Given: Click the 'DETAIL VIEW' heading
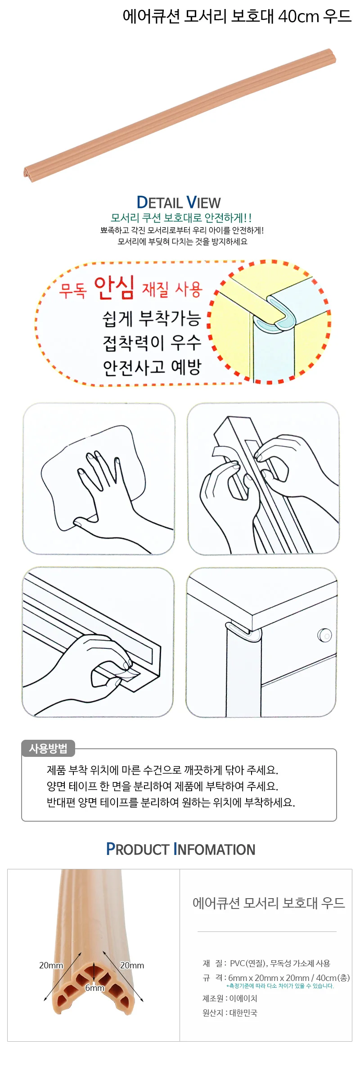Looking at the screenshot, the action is [x=179, y=202].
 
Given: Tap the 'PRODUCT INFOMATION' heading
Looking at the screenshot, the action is [x=180, y=849].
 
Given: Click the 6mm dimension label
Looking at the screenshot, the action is [x=94, y=988].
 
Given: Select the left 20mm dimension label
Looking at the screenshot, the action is [x=51, y=965].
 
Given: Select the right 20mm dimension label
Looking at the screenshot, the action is [x=132, y=965].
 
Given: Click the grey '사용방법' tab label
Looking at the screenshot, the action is [x=48, y=748].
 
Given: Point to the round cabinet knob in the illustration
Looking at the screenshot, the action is [x=324, y=635].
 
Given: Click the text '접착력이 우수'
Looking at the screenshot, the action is [x=152, y=343].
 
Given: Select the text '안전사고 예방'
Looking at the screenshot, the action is [x=152, y=367].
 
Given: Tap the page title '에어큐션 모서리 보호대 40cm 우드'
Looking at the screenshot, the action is [x=237, y=16].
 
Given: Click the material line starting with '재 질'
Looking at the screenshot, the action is [x=266, y=963].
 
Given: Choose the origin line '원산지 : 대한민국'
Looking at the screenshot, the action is [x=230, y=1012].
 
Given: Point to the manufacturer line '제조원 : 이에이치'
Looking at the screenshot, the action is [x=230, y=998].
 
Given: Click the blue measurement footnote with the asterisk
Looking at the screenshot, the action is [x=280, y=985].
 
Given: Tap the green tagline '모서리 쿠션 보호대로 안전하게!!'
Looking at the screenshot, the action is [x=181, y=218].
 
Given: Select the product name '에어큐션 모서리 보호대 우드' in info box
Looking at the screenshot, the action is [x=269, y=903].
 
